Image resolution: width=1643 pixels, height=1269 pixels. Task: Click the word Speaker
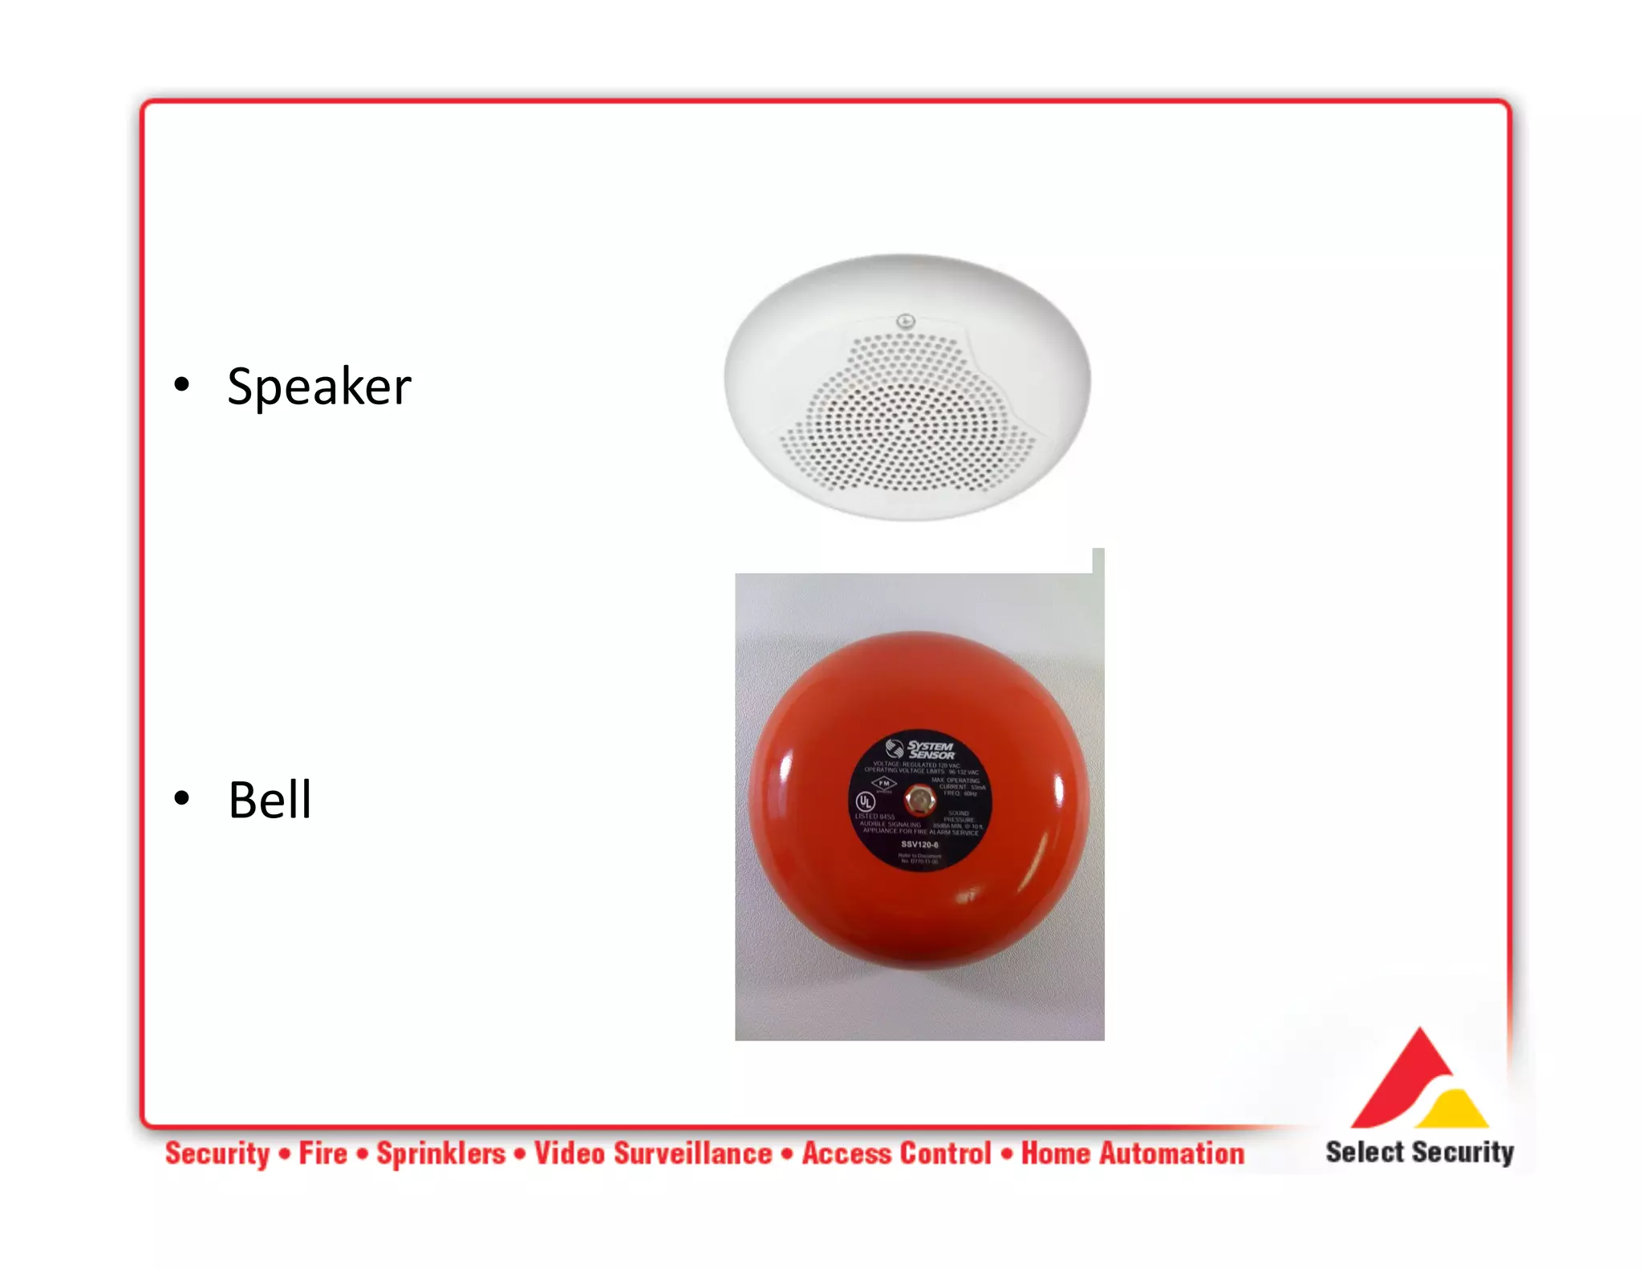(318, 387)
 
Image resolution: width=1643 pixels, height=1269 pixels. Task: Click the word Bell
(270, 801)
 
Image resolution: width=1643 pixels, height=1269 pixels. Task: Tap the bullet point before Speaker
(182, 385)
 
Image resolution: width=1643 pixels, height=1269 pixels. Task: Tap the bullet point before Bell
(182, 798)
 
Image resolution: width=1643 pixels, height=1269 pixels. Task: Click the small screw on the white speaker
(905, 322)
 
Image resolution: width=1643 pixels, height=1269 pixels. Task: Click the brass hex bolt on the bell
(919, 800)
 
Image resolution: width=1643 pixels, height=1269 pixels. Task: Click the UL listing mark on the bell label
(865, 801)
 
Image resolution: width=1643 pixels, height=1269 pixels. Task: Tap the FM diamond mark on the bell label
(883, 783)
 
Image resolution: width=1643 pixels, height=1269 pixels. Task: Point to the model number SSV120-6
(919, 844)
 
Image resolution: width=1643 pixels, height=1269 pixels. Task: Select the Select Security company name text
(1418, 1152)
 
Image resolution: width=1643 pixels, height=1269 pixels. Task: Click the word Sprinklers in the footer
(440, 1153)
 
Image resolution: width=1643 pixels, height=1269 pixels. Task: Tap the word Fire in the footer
(323, 1153)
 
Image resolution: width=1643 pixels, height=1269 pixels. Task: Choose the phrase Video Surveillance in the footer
(653, 1153)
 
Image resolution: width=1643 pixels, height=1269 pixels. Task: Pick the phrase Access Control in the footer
(896, 1153)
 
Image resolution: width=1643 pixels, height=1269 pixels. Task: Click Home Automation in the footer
(1132, 1153)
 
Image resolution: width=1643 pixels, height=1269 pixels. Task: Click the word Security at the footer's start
(217, 1153)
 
